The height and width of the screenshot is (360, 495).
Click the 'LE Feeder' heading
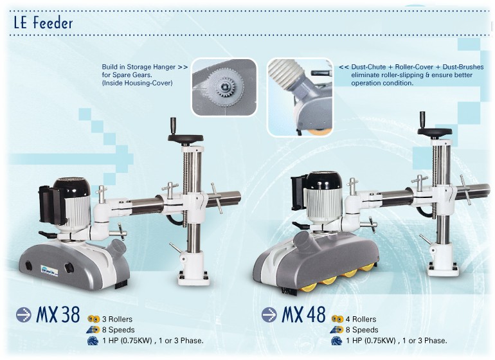43,22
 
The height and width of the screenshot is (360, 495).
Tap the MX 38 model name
58,314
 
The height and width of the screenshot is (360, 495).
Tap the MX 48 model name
303,314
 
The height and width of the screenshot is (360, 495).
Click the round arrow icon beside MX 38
24,314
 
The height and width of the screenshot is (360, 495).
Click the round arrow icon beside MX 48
269,314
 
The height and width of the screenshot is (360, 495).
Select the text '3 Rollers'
117,319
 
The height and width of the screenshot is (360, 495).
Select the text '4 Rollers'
361,319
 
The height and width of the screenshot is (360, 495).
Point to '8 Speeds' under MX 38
118,330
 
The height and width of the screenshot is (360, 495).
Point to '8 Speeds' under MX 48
362,330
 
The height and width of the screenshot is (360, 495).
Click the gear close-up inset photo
224,87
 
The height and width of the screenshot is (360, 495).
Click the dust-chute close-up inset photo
300,97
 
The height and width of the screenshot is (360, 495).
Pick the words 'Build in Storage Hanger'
139,67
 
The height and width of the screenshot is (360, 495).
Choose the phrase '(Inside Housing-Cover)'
137,83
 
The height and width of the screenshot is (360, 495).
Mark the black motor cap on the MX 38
71,186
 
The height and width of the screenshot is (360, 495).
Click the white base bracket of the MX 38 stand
193,269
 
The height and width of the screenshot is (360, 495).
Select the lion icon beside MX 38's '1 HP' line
93,341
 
